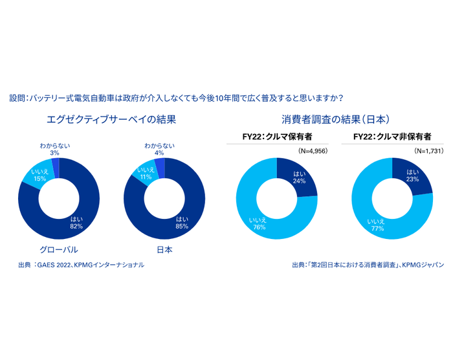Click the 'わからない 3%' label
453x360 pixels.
[x=54, y=149]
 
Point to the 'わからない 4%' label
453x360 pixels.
[x=159, y=149]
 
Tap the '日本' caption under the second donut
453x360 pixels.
[x=164, y=249]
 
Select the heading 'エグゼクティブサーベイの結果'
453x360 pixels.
[x=112, y=120]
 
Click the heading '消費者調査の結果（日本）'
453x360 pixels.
[x=335, y=120]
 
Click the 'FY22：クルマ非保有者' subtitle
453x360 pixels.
[x=393, y=137]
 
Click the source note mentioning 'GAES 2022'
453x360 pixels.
[x=82, y=265]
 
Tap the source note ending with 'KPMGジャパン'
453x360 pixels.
[x=368, y=265]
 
